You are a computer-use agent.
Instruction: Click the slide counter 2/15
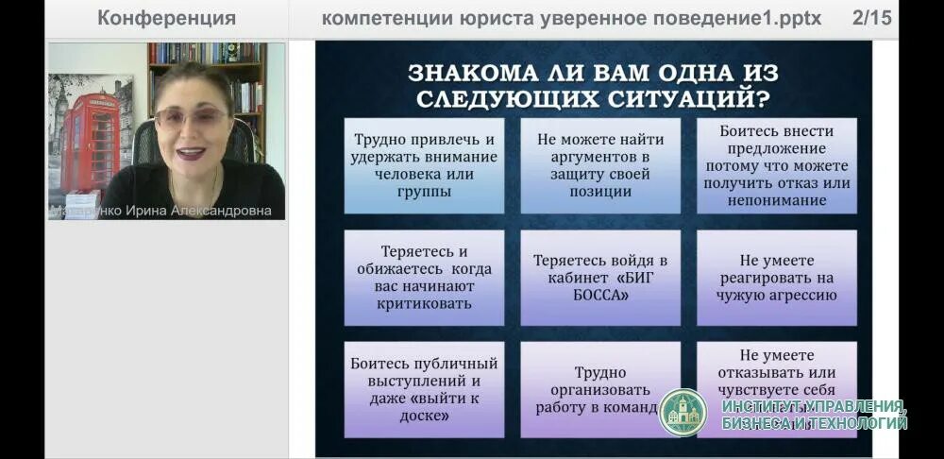[871, 18]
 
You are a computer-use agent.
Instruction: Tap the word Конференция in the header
[166, 18]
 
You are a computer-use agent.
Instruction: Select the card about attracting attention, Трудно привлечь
[424, 165]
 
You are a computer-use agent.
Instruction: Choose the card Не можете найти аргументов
[600, 165]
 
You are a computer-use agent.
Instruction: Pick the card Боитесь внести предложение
[776, 165]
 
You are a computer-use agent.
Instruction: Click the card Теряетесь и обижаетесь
[424, 279]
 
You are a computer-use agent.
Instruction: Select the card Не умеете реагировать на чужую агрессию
[776, 279]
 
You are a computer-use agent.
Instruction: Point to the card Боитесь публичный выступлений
[424, 389]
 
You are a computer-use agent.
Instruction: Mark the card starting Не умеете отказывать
[776, 373]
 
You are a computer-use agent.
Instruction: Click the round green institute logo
[683, 413]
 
